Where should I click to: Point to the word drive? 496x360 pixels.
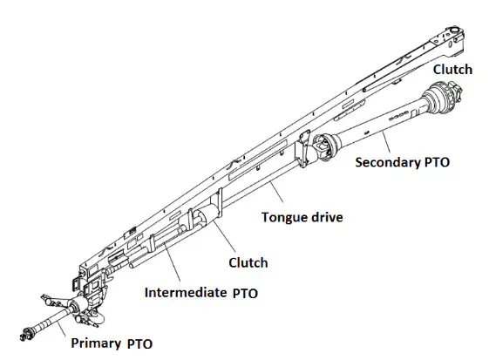[322, 216]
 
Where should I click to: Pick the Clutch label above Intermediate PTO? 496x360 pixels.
[248, 262]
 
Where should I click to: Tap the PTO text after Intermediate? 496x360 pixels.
[246, 293]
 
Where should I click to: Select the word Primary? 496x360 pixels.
[97, 343]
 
